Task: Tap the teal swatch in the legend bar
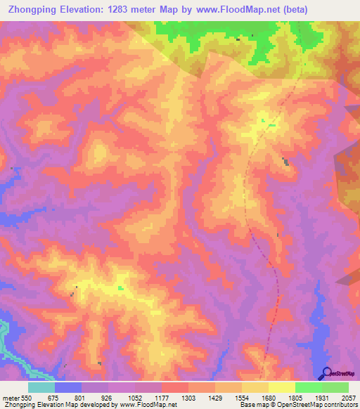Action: point(41,387)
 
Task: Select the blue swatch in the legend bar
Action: point(68,387)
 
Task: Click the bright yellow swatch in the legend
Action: point(282,387)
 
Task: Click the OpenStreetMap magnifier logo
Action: point(327,372)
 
